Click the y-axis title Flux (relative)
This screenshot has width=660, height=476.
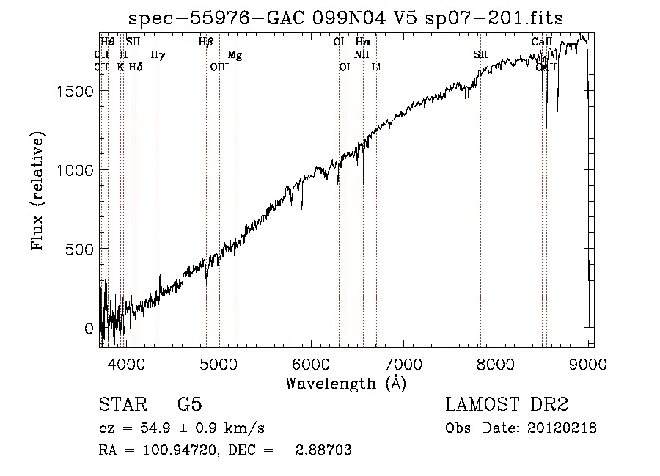(38, 191)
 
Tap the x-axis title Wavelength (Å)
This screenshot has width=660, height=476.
(345, 383)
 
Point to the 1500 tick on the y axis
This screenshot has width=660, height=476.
(75, 91)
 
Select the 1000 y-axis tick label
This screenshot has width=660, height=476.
(75, 170)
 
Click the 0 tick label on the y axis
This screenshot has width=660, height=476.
(89, 329)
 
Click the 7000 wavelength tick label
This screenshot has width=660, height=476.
(403, 362)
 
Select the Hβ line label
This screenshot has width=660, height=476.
(206, 43)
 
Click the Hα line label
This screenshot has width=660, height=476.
(363, 43)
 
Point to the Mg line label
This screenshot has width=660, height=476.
(235, 55)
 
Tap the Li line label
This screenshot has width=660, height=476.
(376, 67)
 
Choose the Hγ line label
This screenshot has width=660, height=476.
(158, 55)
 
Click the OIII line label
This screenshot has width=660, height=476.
(220, 67)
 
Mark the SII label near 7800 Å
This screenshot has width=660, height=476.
(480, 55)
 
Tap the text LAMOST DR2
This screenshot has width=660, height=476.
(507, 406)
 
